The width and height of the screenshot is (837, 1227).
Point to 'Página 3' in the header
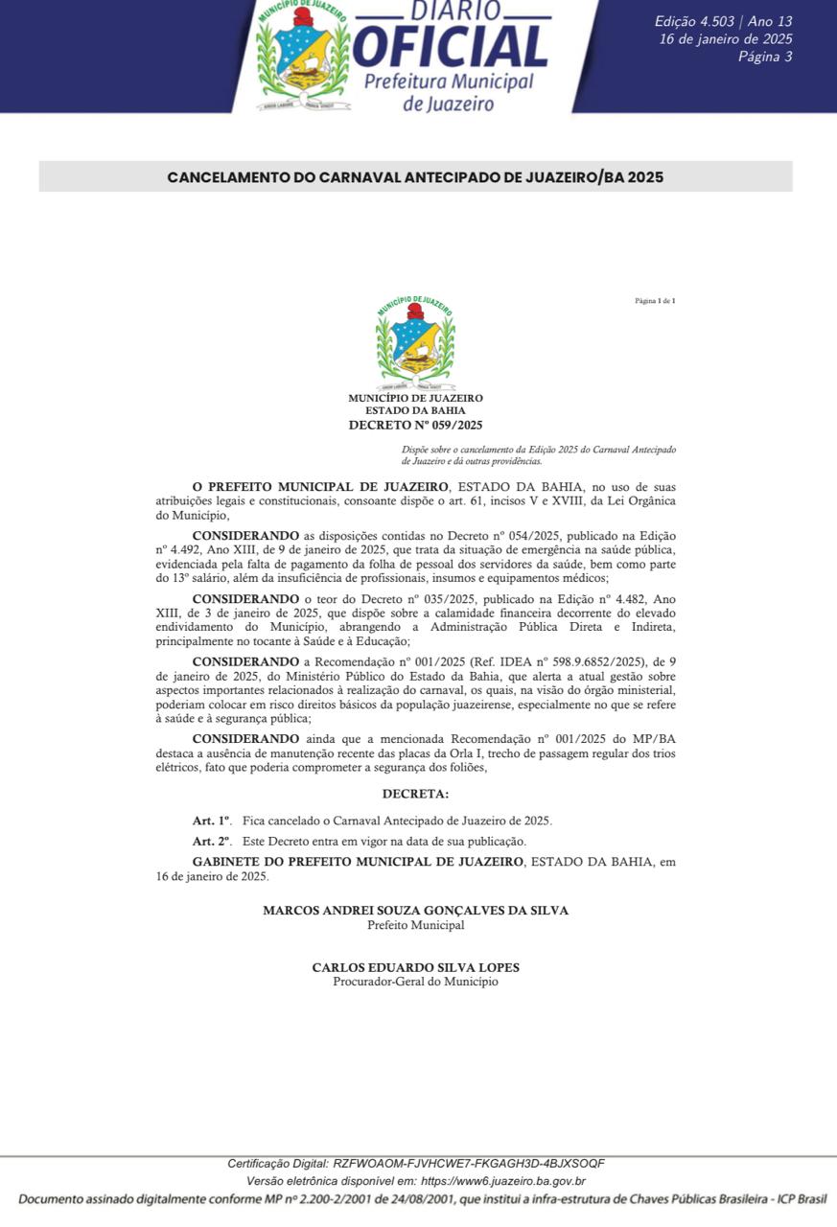pos(765,57)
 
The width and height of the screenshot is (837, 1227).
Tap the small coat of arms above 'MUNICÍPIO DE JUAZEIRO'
pos(415,342)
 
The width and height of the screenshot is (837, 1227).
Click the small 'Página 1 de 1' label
pos(655,301)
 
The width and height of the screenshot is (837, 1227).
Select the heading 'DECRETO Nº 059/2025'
pos(415,424)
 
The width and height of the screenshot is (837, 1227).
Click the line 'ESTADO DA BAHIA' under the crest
pos(415,410)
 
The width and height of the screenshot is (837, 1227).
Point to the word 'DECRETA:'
pos(415,794)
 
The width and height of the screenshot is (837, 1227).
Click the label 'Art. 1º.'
pos(212,822)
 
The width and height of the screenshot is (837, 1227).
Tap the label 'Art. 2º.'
pos(212,841)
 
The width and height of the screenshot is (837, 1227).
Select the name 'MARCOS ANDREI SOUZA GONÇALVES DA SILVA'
pos(415,911)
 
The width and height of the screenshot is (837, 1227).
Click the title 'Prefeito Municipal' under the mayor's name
pos(415,925)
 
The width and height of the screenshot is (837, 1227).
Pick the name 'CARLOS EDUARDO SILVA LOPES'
pos(415,968)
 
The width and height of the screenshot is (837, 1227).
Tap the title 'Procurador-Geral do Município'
pos(415,982)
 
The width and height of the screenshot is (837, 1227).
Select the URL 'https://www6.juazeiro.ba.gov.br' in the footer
pos(503,1181)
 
